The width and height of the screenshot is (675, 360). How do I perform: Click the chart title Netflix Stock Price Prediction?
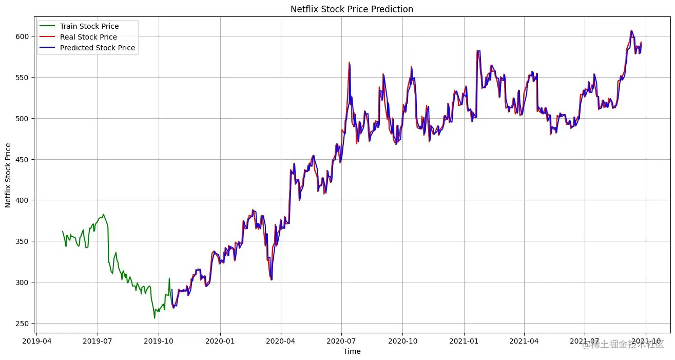coord(352,9)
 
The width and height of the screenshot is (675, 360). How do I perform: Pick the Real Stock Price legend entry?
coord(88,37)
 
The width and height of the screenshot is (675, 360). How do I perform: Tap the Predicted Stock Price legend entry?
coord(97,48)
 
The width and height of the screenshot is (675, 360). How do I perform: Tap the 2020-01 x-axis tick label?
coord(220,340)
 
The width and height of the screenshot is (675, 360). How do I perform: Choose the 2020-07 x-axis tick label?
coord(341,340)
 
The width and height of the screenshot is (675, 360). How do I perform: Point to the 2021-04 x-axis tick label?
coord(524,340)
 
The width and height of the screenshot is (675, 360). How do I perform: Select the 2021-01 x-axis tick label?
coord(464,340)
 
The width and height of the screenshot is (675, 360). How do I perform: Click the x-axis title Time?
coord(352,351)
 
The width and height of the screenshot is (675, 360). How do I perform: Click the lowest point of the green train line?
coord(155,318)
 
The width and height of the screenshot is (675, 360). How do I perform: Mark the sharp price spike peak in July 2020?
coord(349,63)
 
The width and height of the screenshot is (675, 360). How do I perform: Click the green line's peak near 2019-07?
coord(103,214)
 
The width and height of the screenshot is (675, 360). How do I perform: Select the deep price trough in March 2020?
coord(271,279)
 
